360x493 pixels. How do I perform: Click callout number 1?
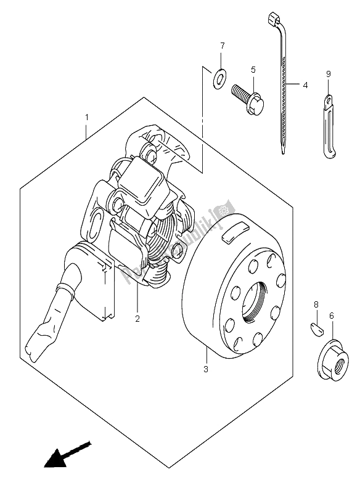pyautogui.click(x=86, y=116)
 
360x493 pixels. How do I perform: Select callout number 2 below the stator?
pyautogui.click(x=137, y=319)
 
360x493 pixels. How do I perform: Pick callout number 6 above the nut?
pyautogui.click(x=332, y=315)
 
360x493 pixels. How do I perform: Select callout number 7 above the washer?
pyautogui.click(x=223, y=46)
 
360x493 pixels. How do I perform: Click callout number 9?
pyautogui.click(x=329, y=75)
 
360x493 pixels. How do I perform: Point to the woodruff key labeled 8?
pyautogui.click(x=315, y=328)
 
